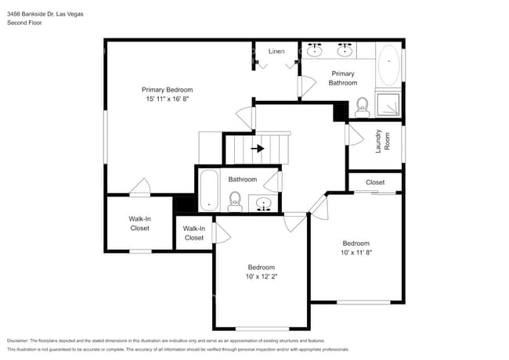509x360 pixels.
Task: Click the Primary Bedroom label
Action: (x=167, y=89)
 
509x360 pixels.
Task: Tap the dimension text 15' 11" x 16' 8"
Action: (x=167, y=99)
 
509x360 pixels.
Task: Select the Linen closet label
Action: (x=276, y=52)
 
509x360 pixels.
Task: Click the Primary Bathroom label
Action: (x=342, y=78)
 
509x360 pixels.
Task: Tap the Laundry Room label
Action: (x=377, y=141)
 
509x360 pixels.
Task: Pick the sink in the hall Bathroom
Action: (x=264, y=204)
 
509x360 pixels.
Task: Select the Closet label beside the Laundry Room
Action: (x=375, y=182)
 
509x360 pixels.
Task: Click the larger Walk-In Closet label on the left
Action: (x=128, y=224)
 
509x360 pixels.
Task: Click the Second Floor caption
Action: (x=24, y=23)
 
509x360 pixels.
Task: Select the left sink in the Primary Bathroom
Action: (x=314, y=51)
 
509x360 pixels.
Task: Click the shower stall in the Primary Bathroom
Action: (x=389, y=105)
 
